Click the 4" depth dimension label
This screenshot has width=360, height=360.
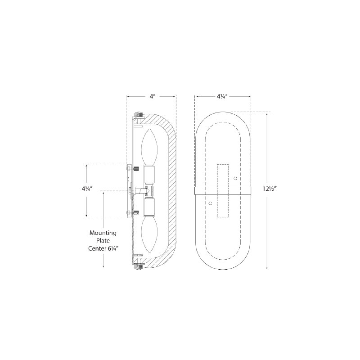pos(153,96)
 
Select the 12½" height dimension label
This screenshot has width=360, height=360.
pos(269,189)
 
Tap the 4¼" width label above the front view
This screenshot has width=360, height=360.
pos(222,96)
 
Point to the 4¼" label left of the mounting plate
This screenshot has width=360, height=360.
pos(87,189)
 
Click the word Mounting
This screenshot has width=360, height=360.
pos(103,233)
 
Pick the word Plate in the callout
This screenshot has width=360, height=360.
pos(103,241)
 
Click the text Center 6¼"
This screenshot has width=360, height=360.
pos(103,248)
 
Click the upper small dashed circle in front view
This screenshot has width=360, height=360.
pos(235,178)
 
